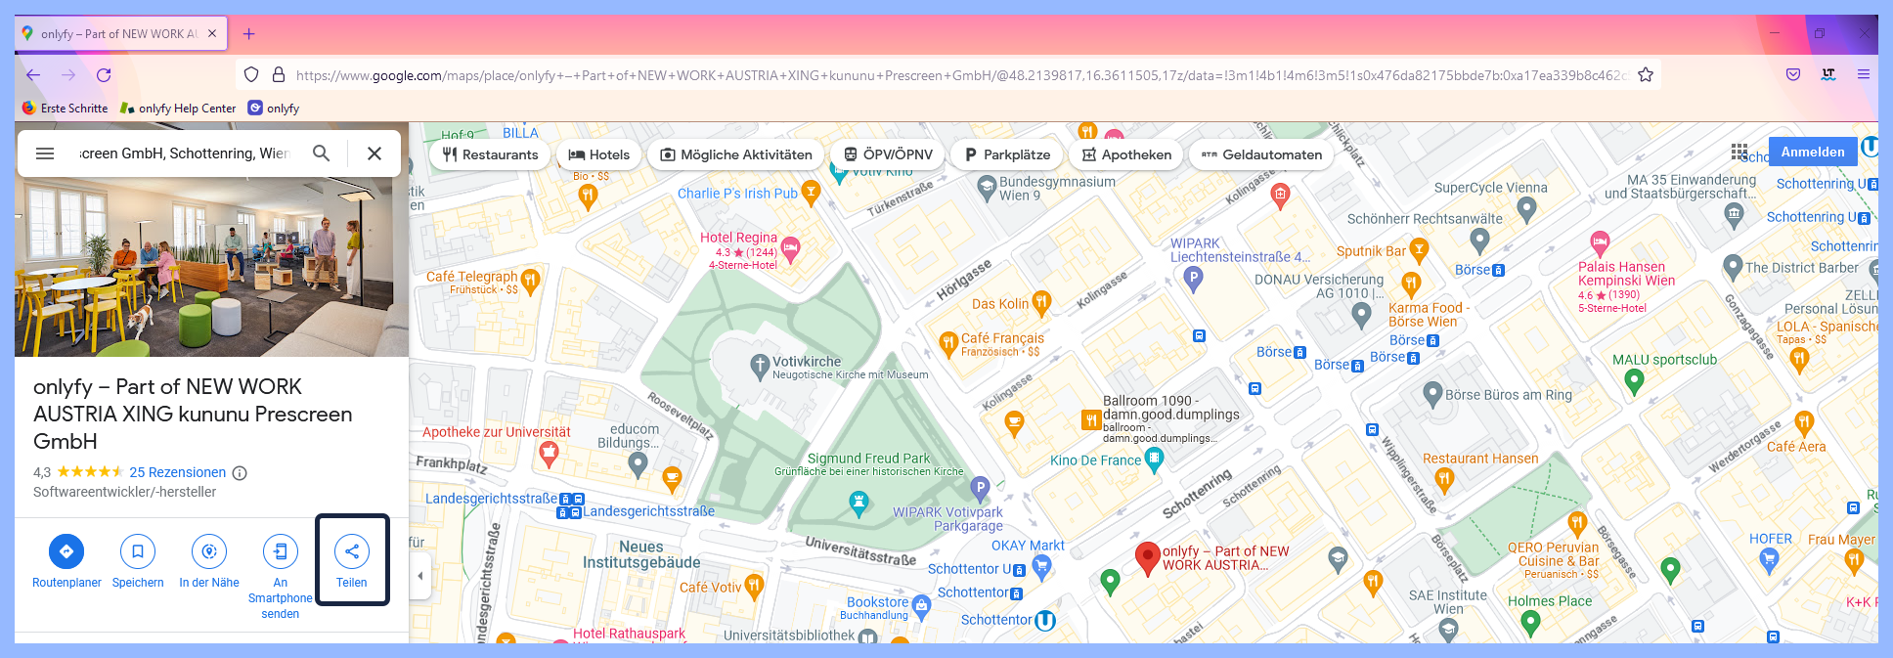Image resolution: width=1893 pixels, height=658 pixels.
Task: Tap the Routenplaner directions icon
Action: click(x=66, y=552)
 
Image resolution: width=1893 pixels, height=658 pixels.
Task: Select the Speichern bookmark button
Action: click(x=138, y=552)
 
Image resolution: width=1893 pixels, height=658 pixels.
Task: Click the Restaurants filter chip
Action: click(x=490, y=154)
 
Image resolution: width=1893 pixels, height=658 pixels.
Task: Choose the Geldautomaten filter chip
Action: click(x=1261, y=154)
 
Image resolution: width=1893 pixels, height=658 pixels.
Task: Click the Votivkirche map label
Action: click(x=806, y=362)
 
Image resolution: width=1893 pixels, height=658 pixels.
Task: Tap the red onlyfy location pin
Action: click(x=1147, y=557)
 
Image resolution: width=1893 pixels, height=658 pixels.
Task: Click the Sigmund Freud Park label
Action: click(x=868, y=459)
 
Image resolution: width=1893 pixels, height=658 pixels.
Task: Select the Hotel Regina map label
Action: click(x=738, y=238)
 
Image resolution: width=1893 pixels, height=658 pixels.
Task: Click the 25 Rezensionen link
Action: click(x=177, y=472)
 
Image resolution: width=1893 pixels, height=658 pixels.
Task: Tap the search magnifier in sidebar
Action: click(x=321, y=154)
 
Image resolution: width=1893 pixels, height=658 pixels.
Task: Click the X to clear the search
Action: click(x=374, y=154)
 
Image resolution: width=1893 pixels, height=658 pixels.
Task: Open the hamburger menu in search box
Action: click(x=45, y=154)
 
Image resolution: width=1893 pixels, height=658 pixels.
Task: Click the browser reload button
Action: click(x=104, y=75)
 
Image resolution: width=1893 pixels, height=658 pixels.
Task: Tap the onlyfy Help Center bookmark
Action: click(x=186, y=109)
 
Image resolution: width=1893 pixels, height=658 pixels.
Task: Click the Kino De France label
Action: click(x=1095, y=461)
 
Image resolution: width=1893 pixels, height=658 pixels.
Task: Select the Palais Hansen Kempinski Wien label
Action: click(x=1625, y=274)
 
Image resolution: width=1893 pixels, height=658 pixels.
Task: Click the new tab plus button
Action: click(x=249, y=34)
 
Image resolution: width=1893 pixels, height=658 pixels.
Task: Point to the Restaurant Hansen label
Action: click(x=1479, y=459)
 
